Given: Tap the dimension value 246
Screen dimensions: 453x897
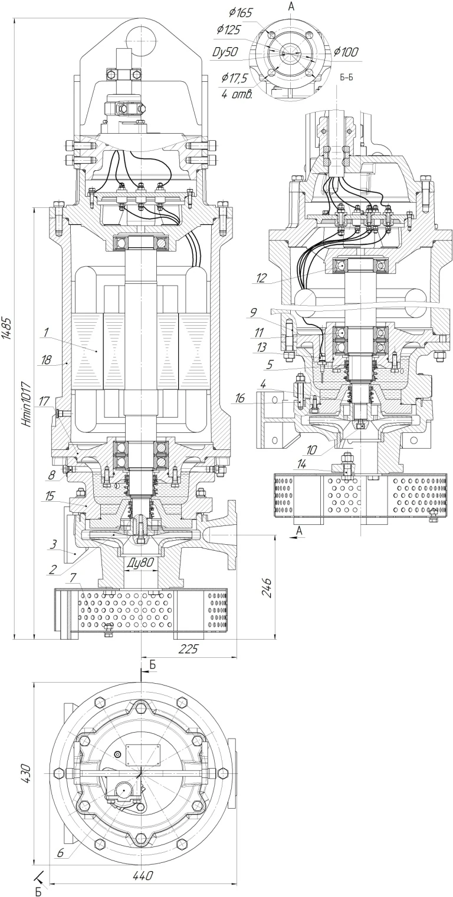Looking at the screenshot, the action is (268, 587).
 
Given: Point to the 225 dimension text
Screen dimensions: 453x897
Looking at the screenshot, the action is (188, 648).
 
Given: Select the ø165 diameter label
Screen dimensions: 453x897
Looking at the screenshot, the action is (241, 13).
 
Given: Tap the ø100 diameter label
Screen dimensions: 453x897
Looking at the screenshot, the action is (346, 52).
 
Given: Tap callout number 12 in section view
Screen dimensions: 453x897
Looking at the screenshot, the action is (261, 279).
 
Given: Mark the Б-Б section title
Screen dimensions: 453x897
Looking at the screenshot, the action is (347, 77).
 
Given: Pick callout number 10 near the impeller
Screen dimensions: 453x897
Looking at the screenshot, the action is (311, 451).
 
